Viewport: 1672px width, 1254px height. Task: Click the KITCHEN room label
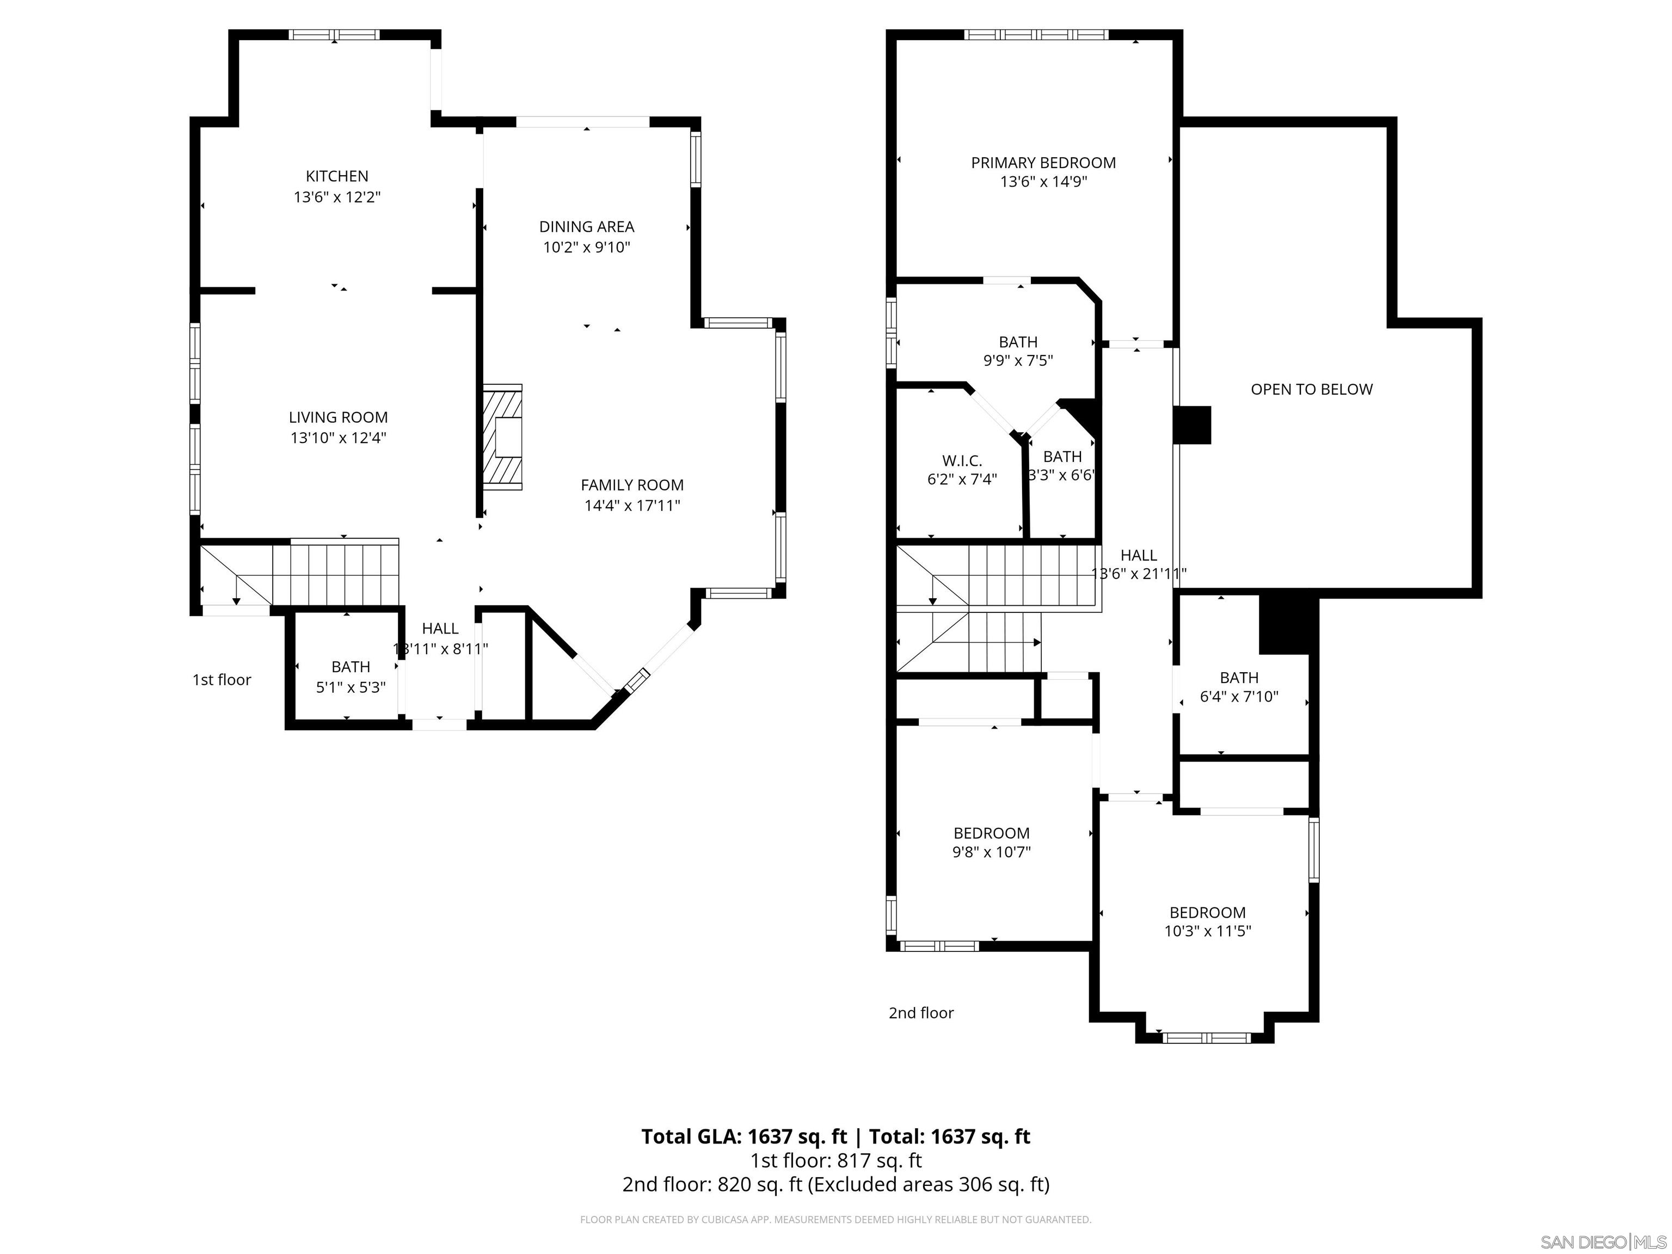[x=336, y=176]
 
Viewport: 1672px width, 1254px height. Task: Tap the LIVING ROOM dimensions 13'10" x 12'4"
[x=338, y=438]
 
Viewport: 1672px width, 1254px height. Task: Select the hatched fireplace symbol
[x=503, y=438]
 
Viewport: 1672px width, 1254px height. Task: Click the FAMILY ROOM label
[x=632, y=485]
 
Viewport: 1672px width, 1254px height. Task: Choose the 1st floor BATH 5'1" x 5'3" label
[x=351, y=667]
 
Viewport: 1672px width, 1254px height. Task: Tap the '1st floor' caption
[x=222, y=680]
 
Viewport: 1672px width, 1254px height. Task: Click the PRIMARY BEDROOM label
[x=1043, y=163]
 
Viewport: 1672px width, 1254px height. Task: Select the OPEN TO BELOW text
[x=1312, y=389]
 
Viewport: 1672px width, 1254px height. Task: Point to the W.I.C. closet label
[x=962, y=460]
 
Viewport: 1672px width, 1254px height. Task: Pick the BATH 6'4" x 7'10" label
[x=1239, y=678]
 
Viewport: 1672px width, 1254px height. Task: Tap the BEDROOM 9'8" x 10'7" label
[x=991, y=833]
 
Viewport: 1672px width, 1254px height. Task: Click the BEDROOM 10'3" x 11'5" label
[x=1207, y=912]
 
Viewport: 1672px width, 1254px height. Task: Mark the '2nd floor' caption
[x=921, y=1013]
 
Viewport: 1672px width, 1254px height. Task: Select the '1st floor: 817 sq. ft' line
[x=835, y=1160]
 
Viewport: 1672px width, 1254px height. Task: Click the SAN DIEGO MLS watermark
[x=1602, y=1242]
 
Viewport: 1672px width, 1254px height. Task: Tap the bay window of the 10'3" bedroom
[x=1207, y=1038]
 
